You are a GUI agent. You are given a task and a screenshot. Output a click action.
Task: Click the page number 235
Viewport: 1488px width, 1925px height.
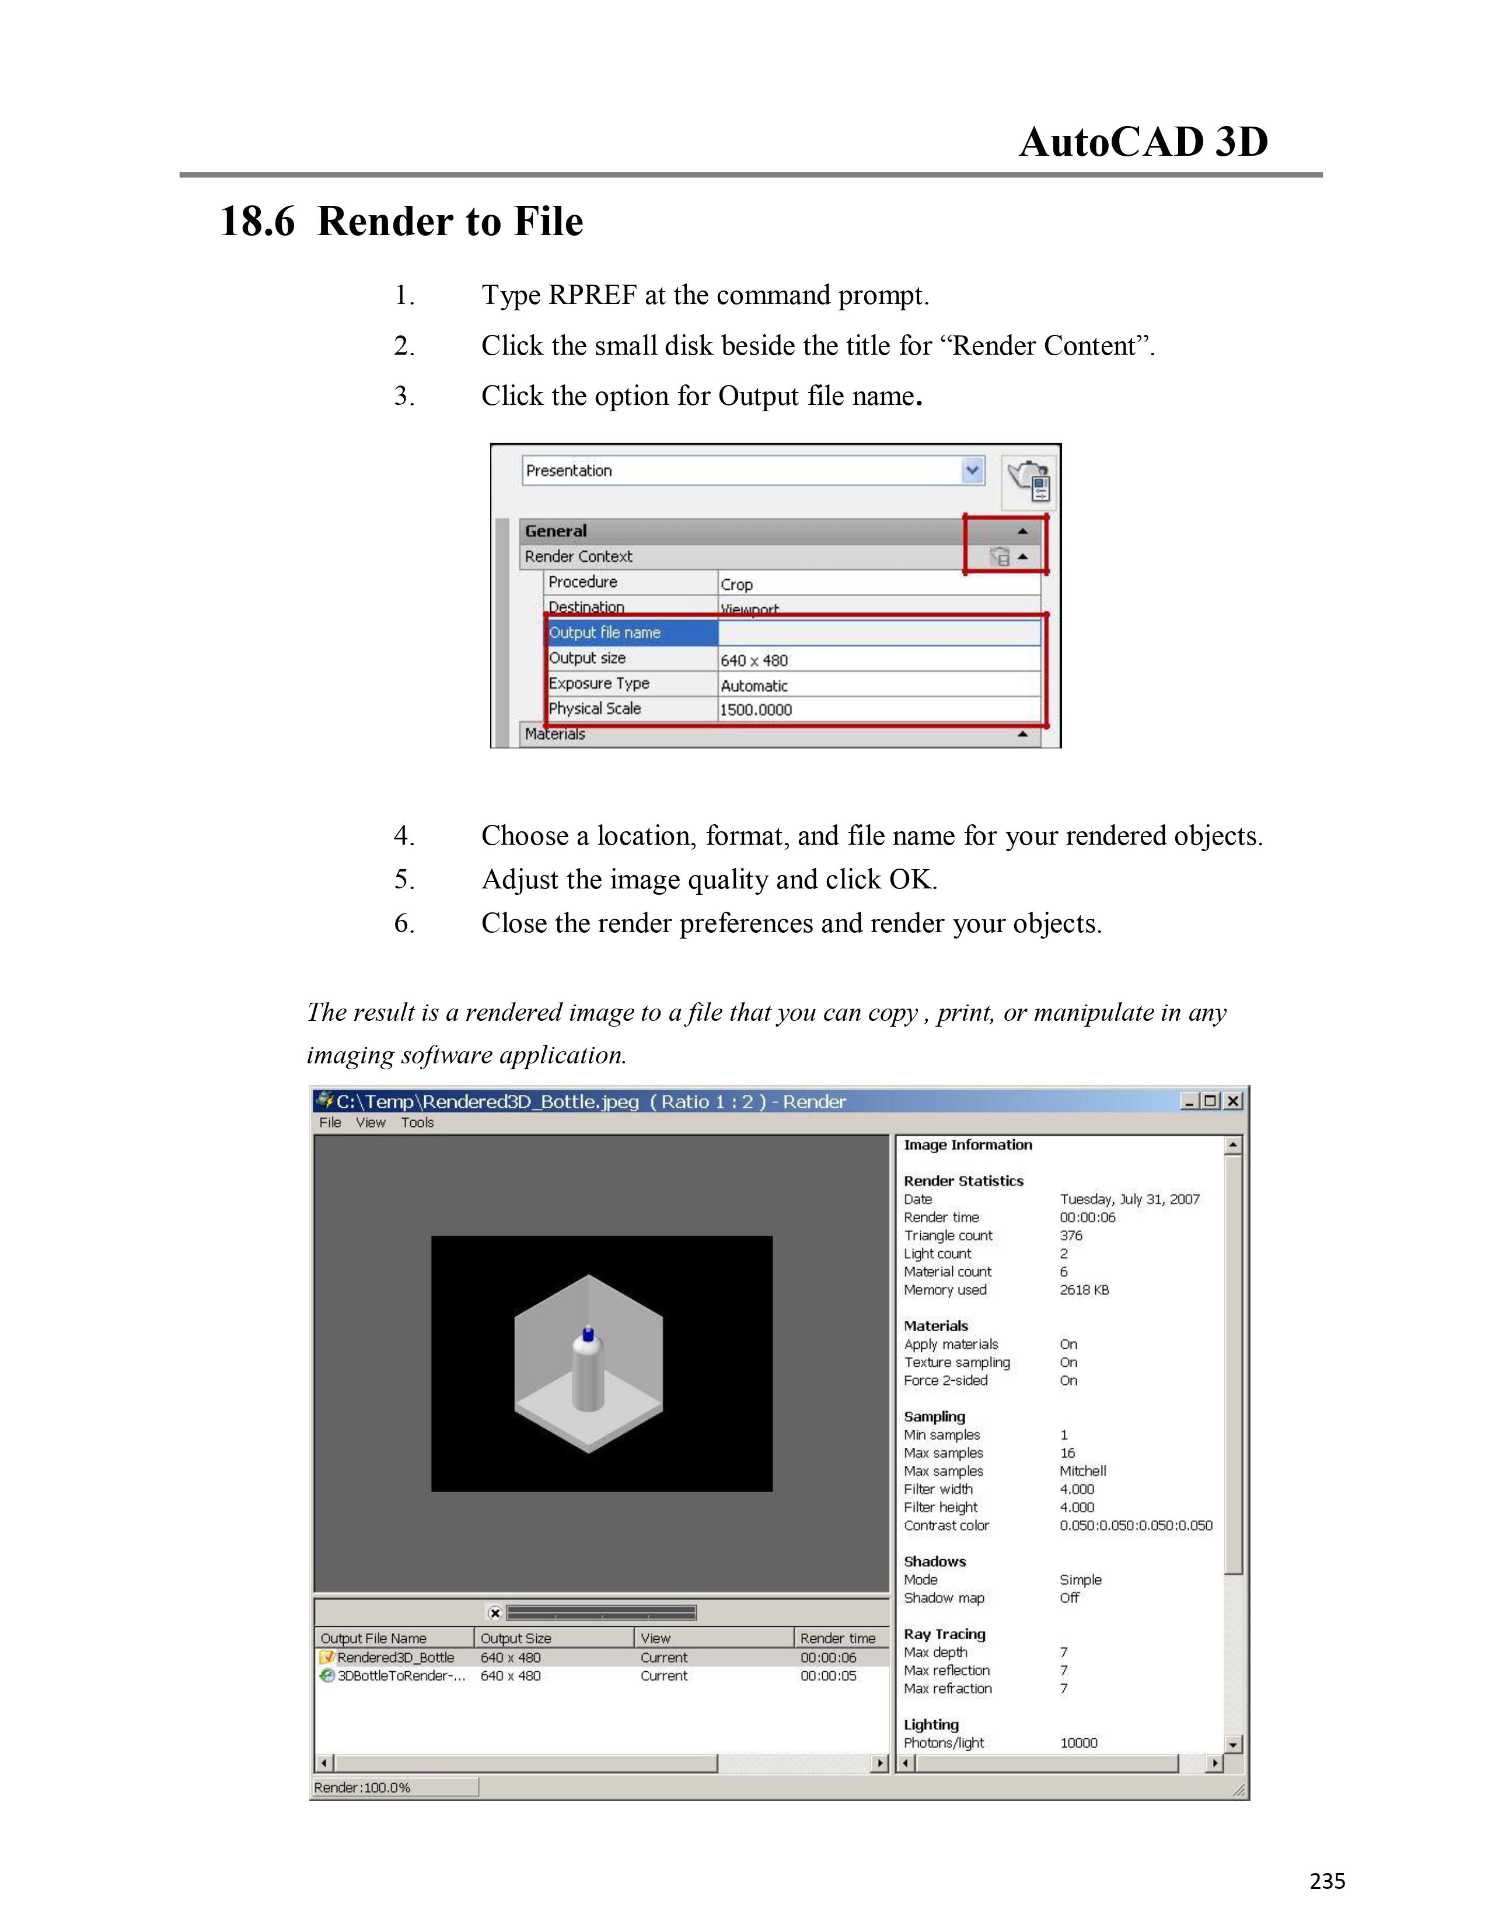1327,1881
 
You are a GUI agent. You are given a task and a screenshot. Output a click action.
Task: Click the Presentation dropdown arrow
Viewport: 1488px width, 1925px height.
972,471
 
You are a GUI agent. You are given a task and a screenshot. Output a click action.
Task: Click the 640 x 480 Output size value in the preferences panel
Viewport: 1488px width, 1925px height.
755,660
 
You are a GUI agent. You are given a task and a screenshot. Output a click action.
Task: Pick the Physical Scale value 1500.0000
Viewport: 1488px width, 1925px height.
756,709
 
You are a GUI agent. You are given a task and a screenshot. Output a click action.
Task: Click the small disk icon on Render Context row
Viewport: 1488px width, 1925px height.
1000,557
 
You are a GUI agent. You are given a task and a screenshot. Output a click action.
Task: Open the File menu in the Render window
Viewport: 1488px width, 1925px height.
330,1122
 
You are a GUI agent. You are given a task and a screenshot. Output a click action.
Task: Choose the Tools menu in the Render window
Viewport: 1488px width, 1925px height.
417,1122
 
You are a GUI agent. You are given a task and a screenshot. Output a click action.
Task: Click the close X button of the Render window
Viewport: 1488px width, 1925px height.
1233,1101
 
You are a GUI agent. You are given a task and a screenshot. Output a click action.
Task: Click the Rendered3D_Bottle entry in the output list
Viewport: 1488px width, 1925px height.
396,1657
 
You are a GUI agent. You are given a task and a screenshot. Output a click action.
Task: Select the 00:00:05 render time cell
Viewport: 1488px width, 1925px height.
828,1675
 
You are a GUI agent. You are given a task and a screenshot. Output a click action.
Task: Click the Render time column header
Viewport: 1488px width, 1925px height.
837,1637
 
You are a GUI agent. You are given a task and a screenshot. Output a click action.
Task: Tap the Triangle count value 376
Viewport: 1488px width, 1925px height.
1071,1235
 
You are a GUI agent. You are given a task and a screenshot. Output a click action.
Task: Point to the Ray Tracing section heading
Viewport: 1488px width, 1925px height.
944,1634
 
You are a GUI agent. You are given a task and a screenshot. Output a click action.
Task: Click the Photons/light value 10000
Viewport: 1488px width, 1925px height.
1078,1742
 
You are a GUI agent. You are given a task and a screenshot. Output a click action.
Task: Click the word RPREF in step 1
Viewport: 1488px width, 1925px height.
592,295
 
